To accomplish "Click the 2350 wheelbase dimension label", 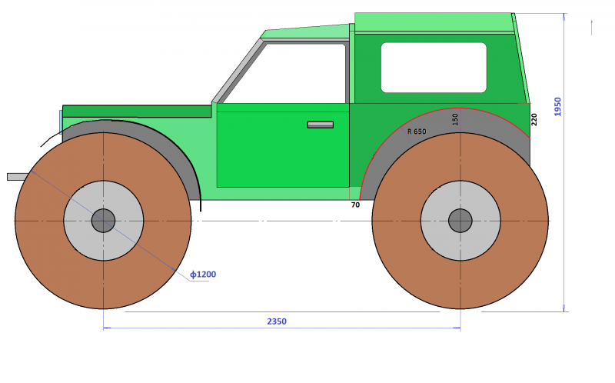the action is click(x=277, y=321).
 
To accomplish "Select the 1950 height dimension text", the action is click(x=557, y=107).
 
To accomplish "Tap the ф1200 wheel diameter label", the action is click(x=203, y=275).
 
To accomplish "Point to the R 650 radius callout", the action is click(x=417, y=132).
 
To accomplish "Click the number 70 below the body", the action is click(x=355, y=205).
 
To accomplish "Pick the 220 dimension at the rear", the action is click(x=534, y=120).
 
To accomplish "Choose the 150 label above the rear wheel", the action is click(x=455, y=119).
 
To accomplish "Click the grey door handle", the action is click(x=321, y=125).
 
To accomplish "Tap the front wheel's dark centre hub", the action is click(x=103, y=221).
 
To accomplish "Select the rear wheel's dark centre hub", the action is click(x=460, y=221).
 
